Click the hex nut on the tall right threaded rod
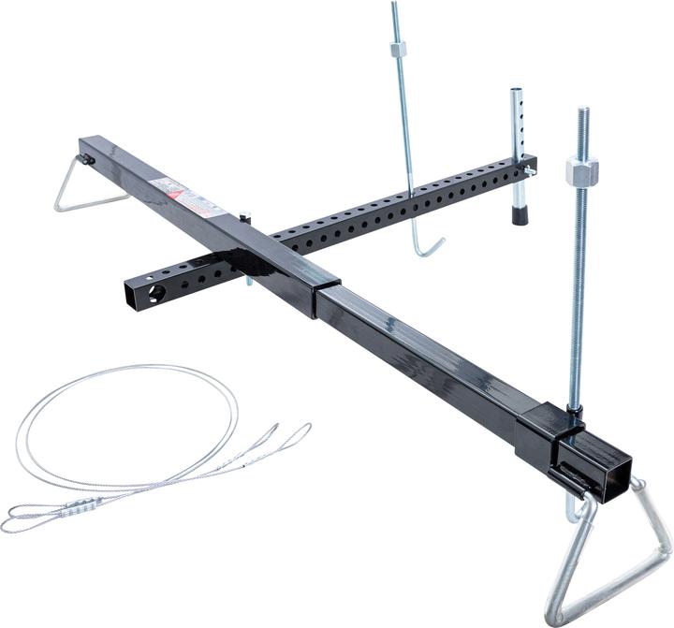tap(581, 172)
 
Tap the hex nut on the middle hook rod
tap(400, 48)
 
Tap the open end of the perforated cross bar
tap(135, 298)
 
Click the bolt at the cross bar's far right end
tap(531, 169)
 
